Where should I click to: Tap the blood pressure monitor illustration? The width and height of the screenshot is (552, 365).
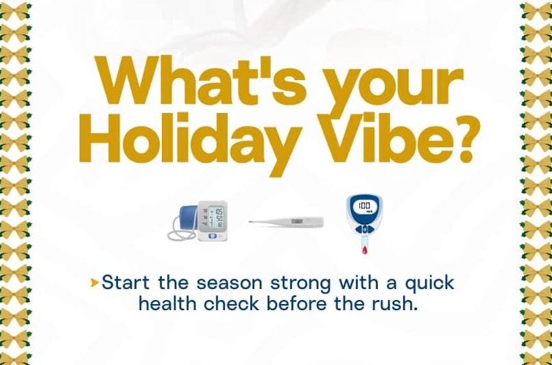click(x=197, y=221)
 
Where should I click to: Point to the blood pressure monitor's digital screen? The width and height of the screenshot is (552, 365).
click(x=216, y=217)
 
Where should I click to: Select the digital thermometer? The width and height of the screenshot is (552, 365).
click(x=286, y=222)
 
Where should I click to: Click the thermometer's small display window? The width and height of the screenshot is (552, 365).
click(x=297, y=221)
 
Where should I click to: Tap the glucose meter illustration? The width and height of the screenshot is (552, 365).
click(x=364, y=224)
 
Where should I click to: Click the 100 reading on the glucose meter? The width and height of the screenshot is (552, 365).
click(x=364, y=205)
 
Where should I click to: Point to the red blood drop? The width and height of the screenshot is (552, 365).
click(x=364, y=250)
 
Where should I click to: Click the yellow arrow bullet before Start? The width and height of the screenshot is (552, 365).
click(x=94, y=282)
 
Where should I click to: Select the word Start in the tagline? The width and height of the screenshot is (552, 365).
click(x=125, y=282)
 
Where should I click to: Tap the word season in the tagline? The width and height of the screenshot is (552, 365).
click(x=229, y=284)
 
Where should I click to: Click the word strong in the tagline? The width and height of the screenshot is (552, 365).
click(x=300, y=284)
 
